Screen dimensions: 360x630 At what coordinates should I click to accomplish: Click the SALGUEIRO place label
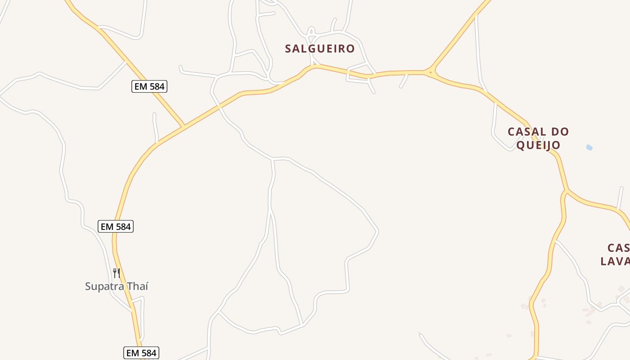[319, 49]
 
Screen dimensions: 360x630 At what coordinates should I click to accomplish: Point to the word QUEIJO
[538, 145]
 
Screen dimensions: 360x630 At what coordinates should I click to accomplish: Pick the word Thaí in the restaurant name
[137, 286]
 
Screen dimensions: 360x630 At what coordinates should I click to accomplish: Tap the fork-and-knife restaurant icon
[116, 273]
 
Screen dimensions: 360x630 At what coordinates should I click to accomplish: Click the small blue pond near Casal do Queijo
[589, 147]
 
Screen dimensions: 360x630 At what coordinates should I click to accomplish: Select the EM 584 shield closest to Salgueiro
[149, 86]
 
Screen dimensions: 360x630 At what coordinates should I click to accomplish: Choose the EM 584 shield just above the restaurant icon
[116, 226]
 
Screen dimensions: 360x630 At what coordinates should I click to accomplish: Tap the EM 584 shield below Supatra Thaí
[141, 353]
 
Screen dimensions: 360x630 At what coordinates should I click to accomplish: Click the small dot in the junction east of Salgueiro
[431, 72]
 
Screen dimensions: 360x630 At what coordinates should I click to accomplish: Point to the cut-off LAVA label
[615, 261]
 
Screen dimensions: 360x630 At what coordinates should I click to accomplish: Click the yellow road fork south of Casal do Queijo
[566, 192]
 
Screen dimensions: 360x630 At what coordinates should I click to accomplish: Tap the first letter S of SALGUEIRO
[288, 49]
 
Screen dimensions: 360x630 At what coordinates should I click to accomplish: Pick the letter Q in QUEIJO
[520, 145]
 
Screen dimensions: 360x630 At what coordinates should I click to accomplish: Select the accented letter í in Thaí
[146, 286]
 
